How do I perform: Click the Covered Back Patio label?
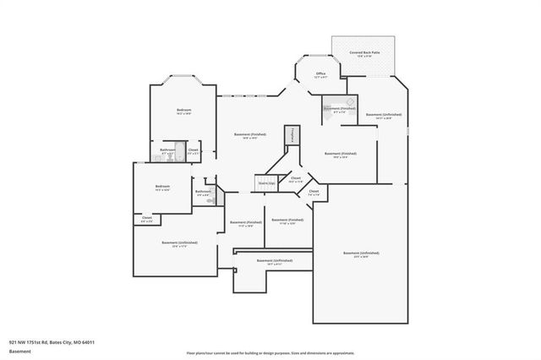(363, 53)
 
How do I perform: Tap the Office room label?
(320, 75)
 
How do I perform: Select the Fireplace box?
(292, 135)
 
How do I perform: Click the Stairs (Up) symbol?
(267, 182)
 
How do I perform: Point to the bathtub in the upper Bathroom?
(167, 155)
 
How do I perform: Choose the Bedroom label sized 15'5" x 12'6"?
(162, 187)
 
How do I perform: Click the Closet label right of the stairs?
(296, 178)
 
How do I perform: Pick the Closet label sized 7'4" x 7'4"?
(314, 193)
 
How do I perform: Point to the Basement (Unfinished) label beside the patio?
(384, 115)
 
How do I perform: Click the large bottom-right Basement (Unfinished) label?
(361, 254)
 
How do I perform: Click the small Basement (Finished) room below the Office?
(333, 109)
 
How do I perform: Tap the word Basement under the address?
(19, 352)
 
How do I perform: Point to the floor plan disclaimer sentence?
(270, 352)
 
